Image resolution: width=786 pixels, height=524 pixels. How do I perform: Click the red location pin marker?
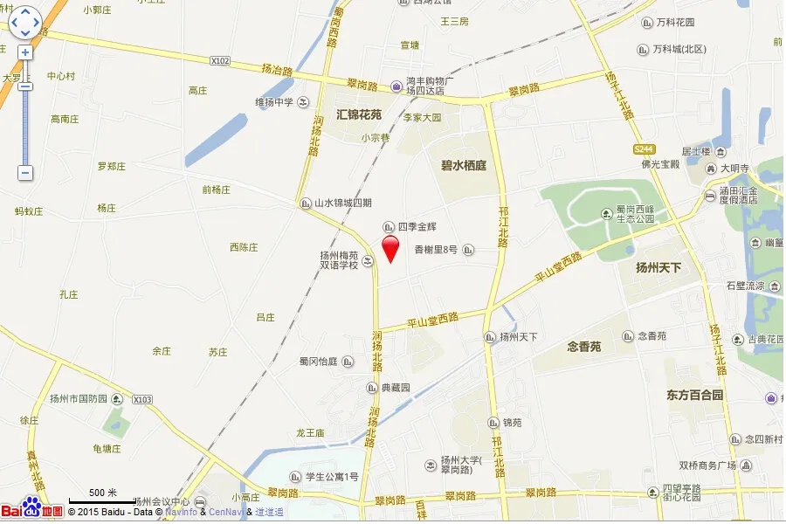click(390, 248)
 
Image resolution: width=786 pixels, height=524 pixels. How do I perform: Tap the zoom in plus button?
click(25, 52)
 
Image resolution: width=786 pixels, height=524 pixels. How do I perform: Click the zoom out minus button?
click(25, 173)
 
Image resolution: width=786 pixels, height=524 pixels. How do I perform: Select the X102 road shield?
click(220, 61)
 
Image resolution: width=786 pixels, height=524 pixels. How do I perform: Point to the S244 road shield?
click(645, 149)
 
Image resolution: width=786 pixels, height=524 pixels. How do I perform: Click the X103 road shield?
click(141, 399)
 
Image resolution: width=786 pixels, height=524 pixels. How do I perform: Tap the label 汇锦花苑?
click(359, 114)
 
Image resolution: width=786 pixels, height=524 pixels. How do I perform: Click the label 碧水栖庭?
click(463, 165)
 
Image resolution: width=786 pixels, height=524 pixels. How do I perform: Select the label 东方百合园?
click(695, 395)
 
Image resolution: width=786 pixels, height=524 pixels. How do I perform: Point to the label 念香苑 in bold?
click(583, 347)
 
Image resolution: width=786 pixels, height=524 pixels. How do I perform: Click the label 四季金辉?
click(417, 227)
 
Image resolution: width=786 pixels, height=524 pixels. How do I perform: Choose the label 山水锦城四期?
click(343, 203)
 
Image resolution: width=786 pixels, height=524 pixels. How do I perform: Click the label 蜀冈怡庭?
click(318, 361)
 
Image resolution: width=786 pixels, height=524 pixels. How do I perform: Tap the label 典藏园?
click(395, 388)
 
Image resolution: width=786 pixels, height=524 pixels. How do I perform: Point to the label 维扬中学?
click(274, 102)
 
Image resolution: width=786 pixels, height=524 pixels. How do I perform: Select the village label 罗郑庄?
click(112, 166)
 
